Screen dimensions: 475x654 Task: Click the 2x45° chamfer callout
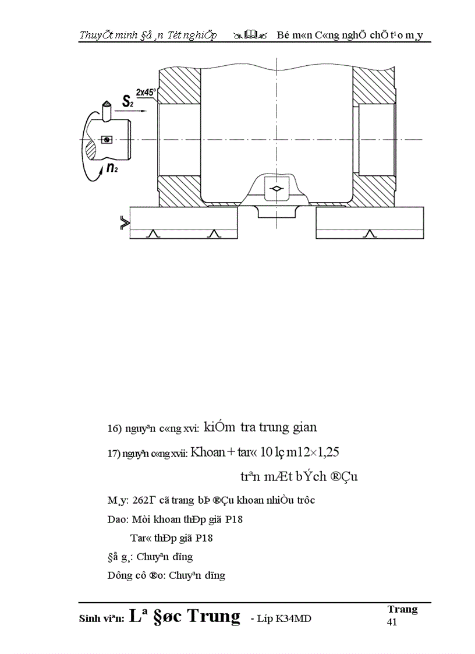(x=146, y=92)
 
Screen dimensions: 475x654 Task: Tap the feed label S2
(x=129, y=101)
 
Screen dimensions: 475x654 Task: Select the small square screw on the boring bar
(x=106, y=139)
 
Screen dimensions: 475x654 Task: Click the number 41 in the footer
(x=393, y=622)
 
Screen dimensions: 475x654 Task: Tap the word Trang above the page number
(x=402, y=609)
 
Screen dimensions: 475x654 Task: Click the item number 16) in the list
(x=114, y=429)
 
